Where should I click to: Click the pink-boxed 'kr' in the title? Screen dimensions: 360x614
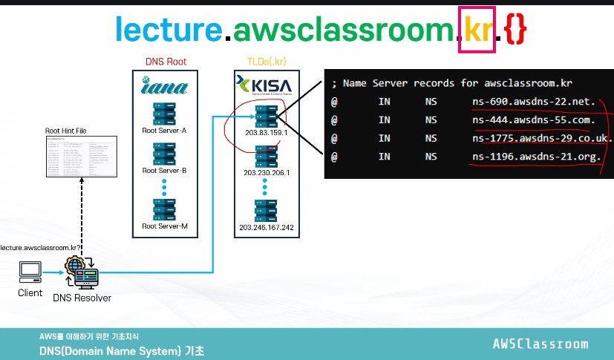[477, 30]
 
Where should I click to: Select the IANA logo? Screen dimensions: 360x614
[164, 86]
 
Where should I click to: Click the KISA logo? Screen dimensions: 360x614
[265, 84]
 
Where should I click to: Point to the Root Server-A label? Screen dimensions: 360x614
[164, 131]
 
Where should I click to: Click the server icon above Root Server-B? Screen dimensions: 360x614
[164, 152]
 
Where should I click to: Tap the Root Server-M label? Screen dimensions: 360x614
[164, 226]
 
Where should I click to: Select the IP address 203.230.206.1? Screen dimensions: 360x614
[265, 173]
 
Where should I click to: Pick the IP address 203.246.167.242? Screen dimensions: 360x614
[267, 227]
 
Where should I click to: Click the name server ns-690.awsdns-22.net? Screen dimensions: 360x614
[534, 101]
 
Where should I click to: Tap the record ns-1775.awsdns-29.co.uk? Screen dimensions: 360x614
[541, 138]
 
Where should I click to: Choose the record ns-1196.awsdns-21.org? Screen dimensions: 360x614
[536, 157]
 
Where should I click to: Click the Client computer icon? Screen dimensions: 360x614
[30, 272]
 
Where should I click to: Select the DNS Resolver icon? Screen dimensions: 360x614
[82, 273]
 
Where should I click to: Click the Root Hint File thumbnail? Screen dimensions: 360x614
[81, 156]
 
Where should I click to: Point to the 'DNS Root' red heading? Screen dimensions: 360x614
[166, 62]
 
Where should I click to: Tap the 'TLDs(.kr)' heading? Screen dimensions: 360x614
[266, 62]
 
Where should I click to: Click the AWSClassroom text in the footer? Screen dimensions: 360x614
[540, 344]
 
